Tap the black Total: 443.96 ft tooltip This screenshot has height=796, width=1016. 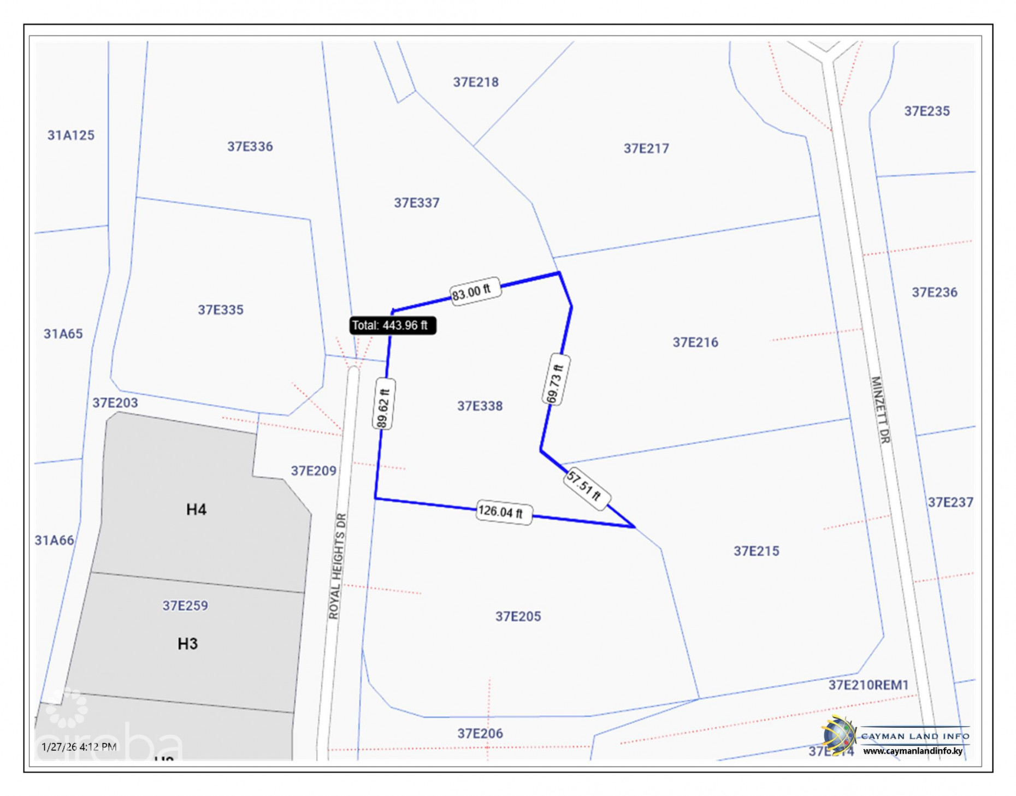tap(392, 325)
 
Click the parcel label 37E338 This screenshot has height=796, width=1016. tap(480, 406)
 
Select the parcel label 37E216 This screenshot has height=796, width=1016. tap(695, 342)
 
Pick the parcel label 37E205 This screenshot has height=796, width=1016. tap(518, 616)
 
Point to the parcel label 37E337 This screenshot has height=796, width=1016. tap(416, 203)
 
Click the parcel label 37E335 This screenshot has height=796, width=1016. tap(220, 310)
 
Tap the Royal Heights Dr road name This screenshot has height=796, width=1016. tap(337, 566)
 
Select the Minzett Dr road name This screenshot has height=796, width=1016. tap(880, 409)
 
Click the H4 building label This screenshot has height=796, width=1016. tap(196, 509)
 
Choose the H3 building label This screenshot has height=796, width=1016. tap(187, 644)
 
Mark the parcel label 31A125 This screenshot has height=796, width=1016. tap(70, 135)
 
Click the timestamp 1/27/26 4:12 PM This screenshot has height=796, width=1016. tap(79, 746)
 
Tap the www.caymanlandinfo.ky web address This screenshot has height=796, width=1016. tap(912, 751)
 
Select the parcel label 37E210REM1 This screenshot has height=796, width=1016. tap(868, 685)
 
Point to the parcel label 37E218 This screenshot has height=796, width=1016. tap(475, 82)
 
